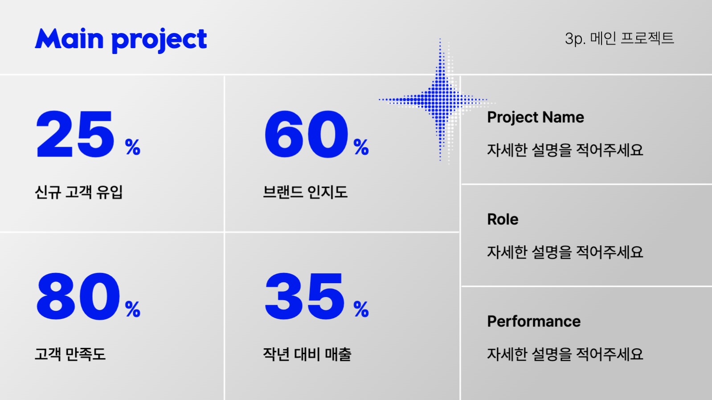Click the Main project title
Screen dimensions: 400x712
(x=121, y=39)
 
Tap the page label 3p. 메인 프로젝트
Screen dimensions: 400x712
(x=619, y=38)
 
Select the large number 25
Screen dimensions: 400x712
(x=75, y=135)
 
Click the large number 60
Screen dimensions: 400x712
(x=306, y=135)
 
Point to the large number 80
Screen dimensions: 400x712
(x=78, y=297)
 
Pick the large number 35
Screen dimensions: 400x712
(x=305, y=297)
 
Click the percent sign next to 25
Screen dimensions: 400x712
(x=133, y=147)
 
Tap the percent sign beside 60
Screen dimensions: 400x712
(x=361, y=147)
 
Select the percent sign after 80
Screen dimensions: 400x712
(x=133, y=309)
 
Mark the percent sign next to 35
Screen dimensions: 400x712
(x=361, y=309)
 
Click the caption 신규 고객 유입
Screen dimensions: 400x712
(x=79, y=192)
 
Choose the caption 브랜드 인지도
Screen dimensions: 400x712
(x=305, y=192)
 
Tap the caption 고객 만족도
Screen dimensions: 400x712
(x=70, y=354)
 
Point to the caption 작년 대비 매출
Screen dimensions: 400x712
(x=307, y=354)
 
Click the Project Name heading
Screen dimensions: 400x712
(x=535, y=117)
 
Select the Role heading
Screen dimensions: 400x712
(x=503, y=219)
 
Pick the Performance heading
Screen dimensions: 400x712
(x=534, y=322)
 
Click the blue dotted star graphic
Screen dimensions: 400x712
(x=440, y=100)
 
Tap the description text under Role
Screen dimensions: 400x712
(x=565, y=252)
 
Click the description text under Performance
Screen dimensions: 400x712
(x=565, y=354)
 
